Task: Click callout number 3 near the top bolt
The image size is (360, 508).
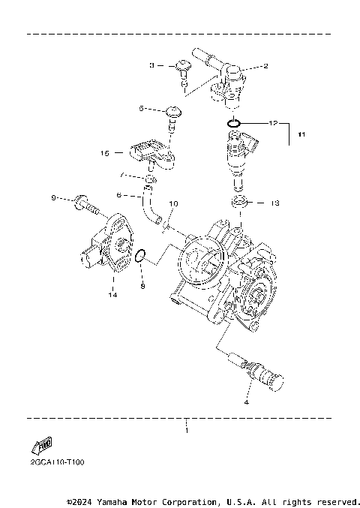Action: click(151, 66)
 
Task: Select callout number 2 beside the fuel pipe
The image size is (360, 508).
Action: click(265, 66)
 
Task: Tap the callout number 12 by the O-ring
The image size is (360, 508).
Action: click(274, 122)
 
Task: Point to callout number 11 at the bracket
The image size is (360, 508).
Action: click(301, 135)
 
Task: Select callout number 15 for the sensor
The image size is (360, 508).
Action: click(106, 153)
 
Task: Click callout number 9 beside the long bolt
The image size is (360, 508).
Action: click(53, 198)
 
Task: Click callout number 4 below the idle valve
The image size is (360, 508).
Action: click(247, 402)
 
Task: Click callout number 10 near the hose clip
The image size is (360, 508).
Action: click(173, 203)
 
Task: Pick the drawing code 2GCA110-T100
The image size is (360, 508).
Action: click(52, 462)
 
